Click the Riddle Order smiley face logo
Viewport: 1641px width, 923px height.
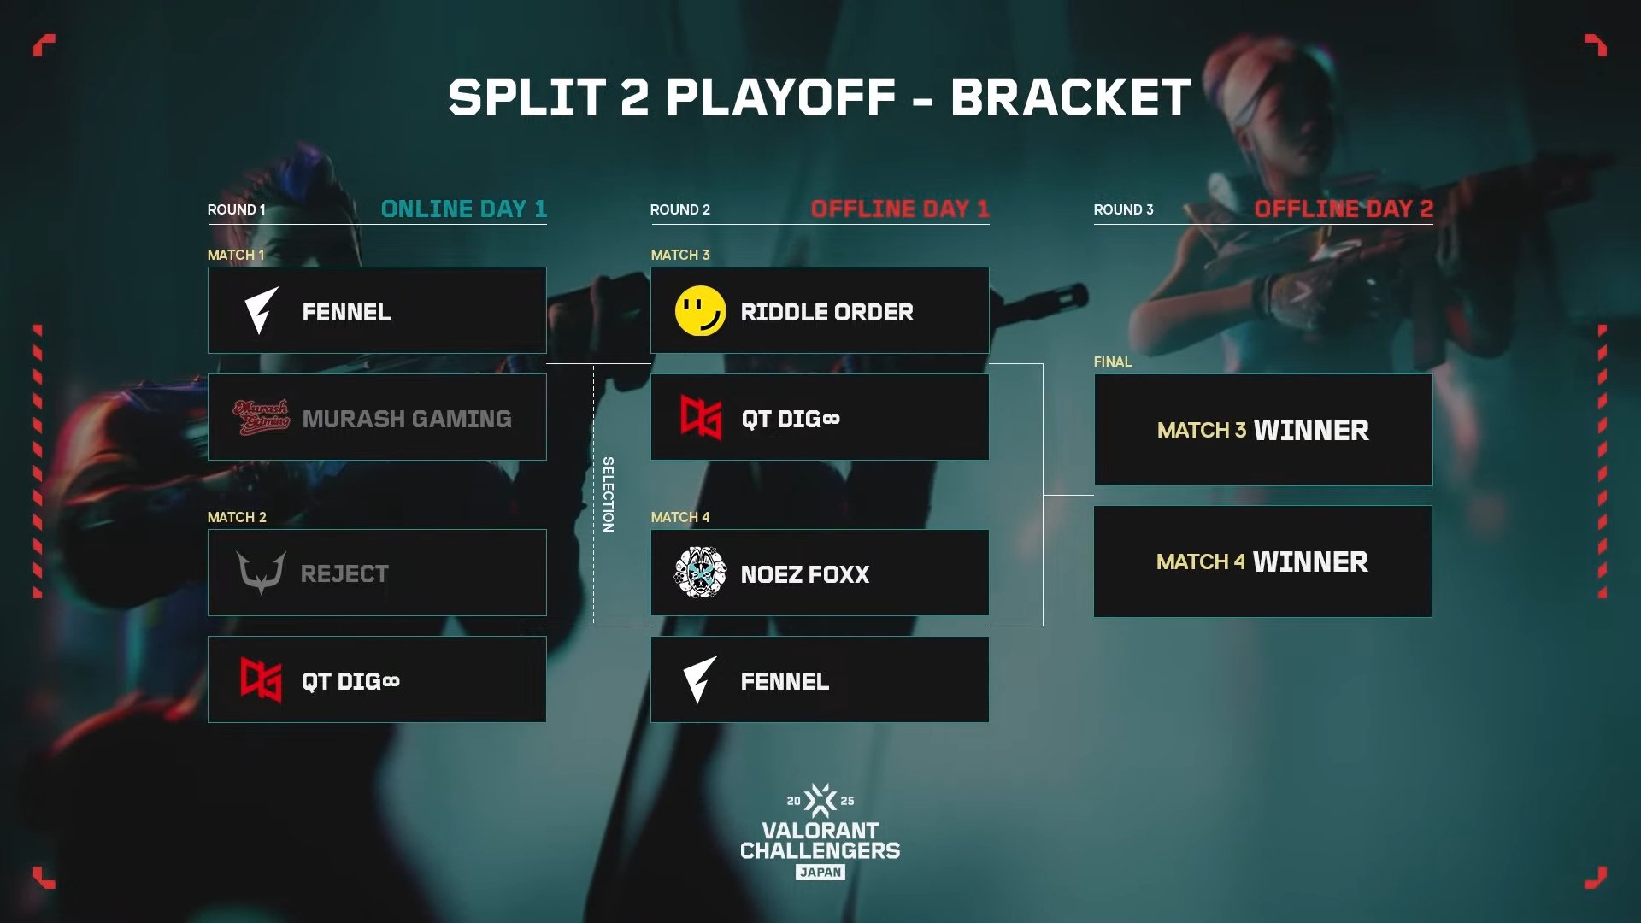pos(700,311)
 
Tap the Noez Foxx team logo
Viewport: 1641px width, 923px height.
pos(700,572)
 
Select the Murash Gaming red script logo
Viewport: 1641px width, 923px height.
pos(262,418)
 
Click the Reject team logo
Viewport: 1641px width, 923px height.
pos(262,573)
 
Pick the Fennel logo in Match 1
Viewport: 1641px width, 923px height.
pos(261,311)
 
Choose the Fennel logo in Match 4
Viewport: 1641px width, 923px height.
pos(699,680)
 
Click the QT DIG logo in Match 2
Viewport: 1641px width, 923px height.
pos(261,680)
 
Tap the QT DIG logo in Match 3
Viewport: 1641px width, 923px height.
pos(701,418)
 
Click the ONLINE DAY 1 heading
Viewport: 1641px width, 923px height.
pos(463,209)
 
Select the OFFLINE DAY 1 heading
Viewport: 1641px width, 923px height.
pos(900,209)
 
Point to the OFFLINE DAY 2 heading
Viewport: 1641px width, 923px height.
pos(1344,209)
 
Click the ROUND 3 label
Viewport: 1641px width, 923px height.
pos(1123,209)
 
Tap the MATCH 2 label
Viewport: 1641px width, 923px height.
pos(237,517)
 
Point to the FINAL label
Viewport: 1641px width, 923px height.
pos(1113,362)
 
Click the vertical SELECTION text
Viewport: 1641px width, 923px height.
pos(608,495)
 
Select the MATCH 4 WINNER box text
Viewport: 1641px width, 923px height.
pos(1262,561)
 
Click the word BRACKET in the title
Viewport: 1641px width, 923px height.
pos(1070,97)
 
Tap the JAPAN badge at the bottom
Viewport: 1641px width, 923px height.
pos(820,872)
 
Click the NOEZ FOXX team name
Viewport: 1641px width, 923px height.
pos(805,574)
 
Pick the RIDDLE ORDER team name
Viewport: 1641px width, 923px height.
pos(827,312)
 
